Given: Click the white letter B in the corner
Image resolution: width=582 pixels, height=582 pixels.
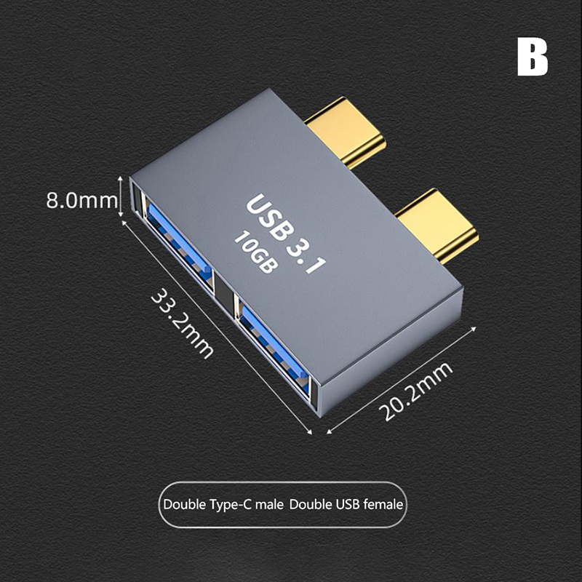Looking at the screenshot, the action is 533,58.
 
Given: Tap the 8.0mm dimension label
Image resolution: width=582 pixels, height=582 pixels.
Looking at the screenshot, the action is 81,201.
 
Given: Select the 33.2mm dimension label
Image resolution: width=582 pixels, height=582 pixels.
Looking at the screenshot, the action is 183,322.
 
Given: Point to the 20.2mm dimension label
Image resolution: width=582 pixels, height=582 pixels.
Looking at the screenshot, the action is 415,391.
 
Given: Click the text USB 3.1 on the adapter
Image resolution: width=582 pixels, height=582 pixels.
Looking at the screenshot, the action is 286,234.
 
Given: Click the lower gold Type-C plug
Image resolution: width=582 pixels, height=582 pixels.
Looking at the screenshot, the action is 437,225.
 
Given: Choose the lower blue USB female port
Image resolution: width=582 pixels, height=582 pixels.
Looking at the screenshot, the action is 274,347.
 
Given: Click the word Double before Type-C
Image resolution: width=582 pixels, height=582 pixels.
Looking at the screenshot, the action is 185,504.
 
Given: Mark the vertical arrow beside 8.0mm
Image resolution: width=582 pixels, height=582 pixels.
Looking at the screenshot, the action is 120,196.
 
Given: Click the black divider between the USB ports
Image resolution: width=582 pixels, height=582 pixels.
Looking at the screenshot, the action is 224,292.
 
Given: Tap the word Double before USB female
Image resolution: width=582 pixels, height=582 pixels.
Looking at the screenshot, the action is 311,504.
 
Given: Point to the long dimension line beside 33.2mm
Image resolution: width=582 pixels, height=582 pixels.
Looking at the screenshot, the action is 217,327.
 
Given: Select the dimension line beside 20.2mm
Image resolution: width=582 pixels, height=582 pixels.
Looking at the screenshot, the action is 402,380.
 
